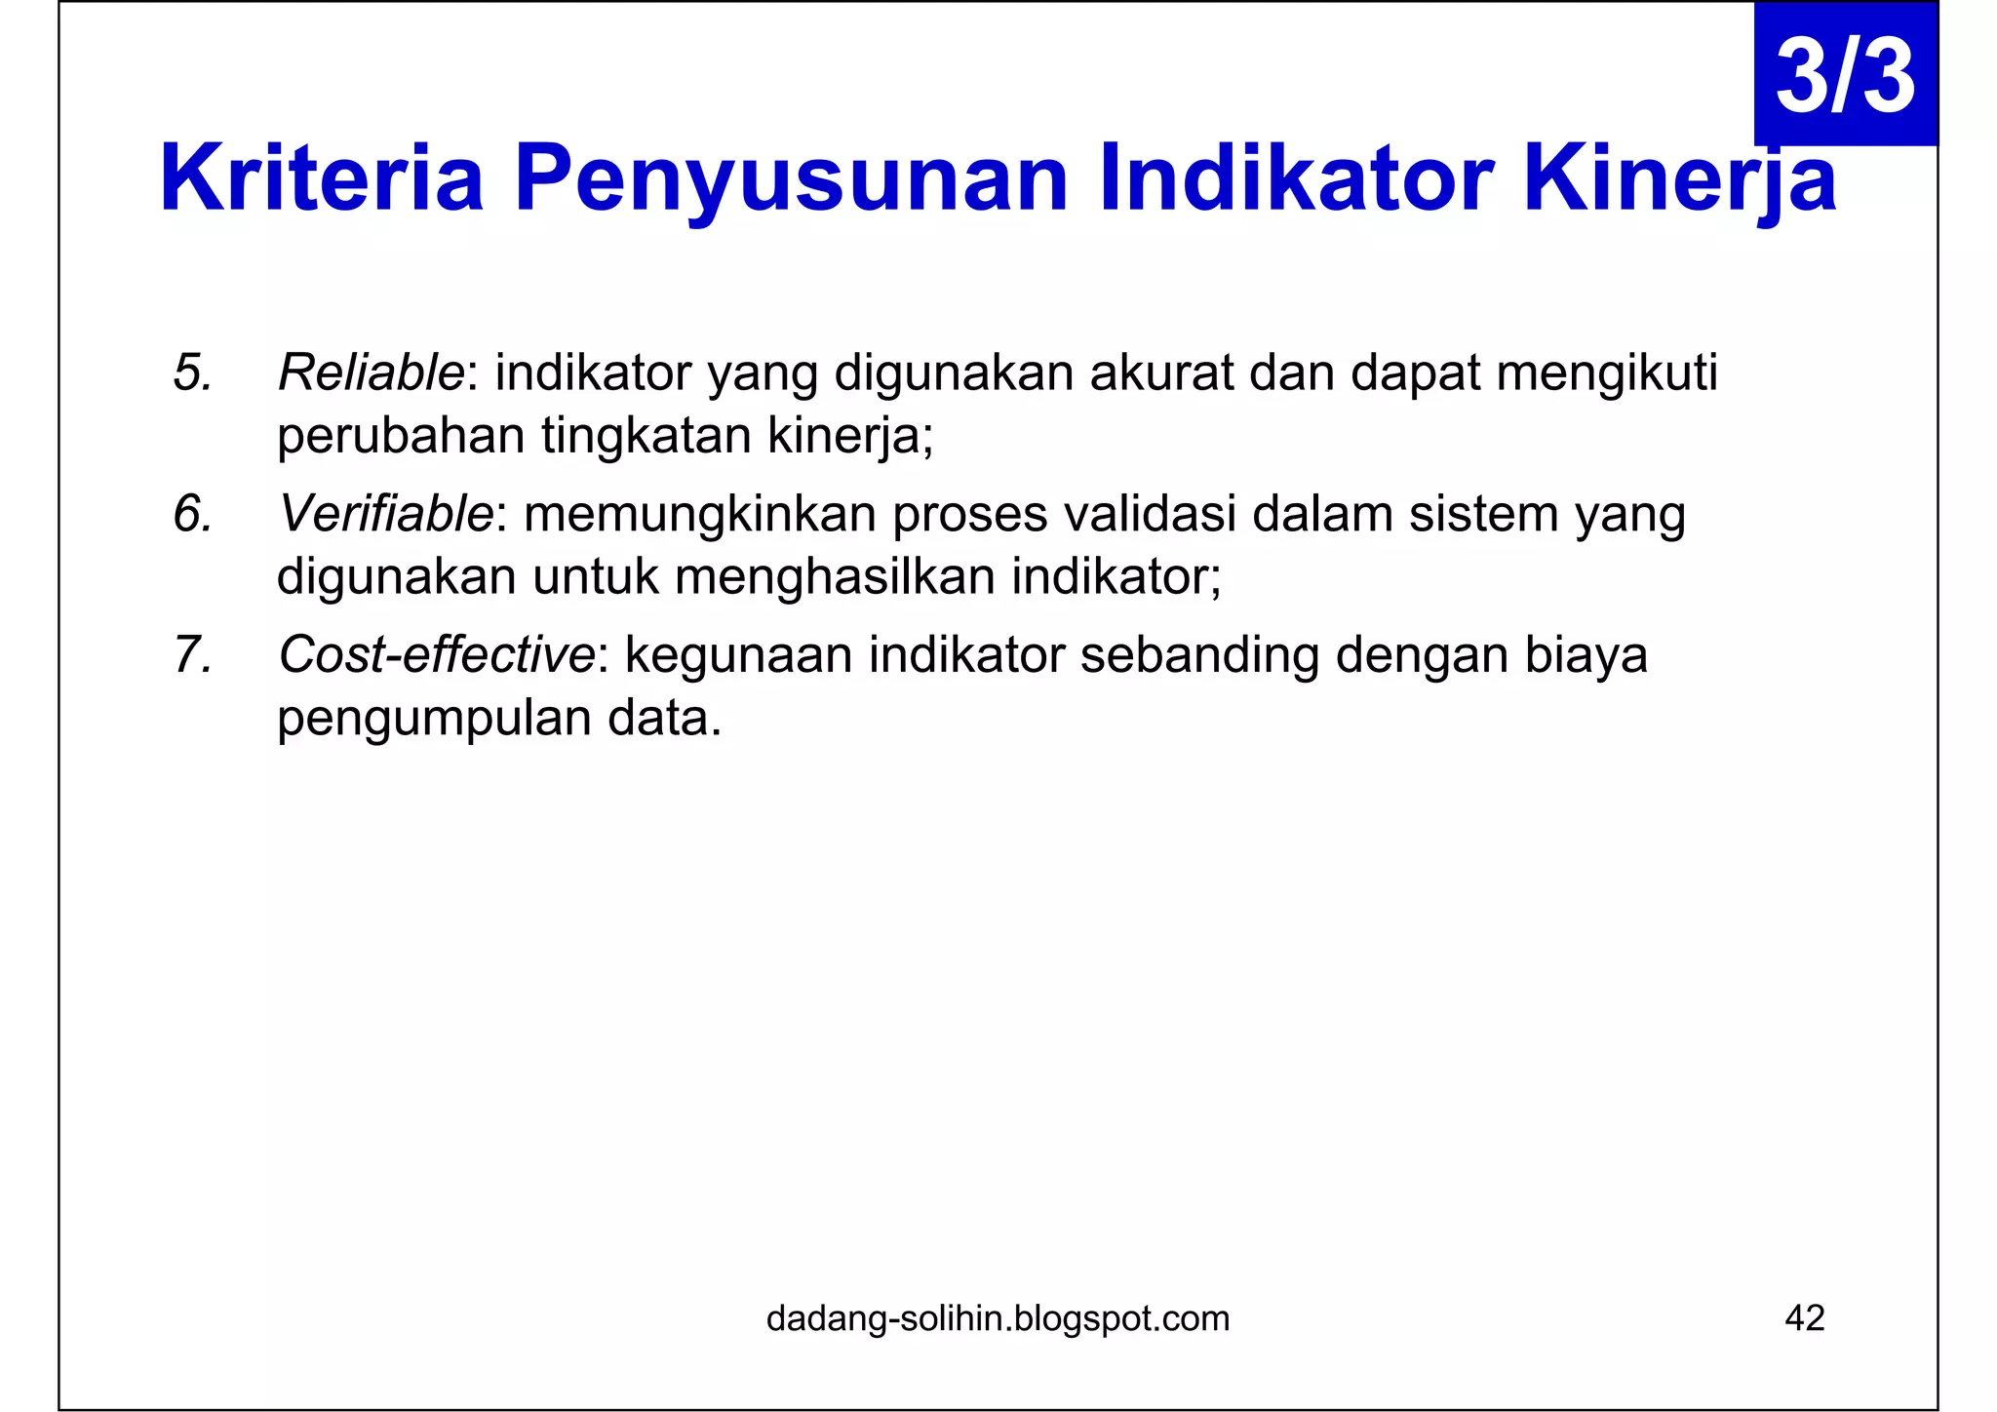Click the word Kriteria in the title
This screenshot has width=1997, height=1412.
322,178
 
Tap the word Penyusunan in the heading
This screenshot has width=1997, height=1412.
791,178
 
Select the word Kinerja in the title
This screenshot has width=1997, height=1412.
1679,178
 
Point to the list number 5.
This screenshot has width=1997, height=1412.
192,373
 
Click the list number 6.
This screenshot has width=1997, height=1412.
192,514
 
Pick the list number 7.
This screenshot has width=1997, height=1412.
192,654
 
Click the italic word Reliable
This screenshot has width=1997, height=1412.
372,373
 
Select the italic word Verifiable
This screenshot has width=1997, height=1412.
386,514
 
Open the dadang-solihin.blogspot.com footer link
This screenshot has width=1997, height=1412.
998,1318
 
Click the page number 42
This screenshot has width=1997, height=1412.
1804,1318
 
